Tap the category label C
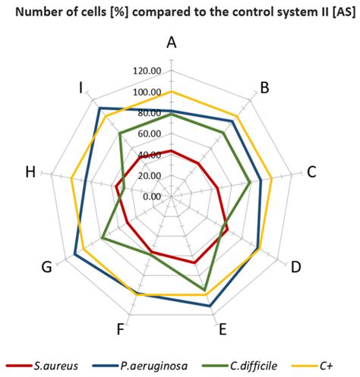(311, 171)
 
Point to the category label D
(296, 267)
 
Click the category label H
(30, 171)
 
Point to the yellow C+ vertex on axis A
(172, 92)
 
